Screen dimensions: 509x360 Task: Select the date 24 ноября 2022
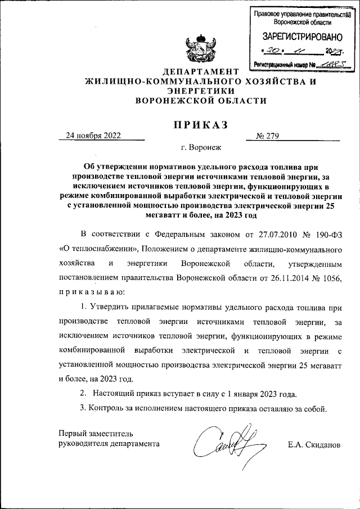(93, 136)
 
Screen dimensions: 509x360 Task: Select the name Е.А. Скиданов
(313, 444)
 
